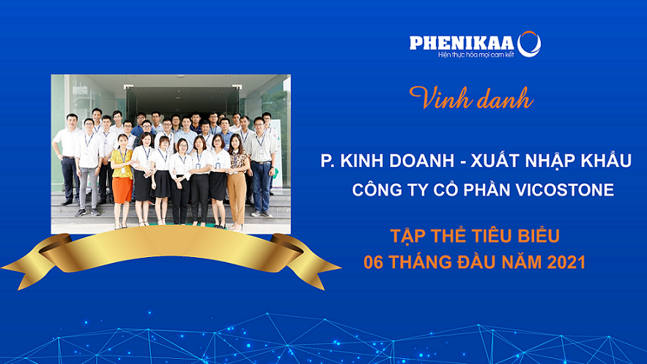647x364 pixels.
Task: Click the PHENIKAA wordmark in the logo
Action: pos(462,43)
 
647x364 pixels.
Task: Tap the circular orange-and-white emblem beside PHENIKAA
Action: pos(529,44)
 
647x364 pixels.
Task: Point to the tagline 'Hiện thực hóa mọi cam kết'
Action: pos(476,54)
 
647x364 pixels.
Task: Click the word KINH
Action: pos(362,161)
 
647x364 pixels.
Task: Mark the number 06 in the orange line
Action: pos(374,262)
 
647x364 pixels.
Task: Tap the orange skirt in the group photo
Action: pos(122,190)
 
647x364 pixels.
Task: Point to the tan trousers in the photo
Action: pos(237,197)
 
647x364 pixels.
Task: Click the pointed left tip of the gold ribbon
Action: pos(2,268)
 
